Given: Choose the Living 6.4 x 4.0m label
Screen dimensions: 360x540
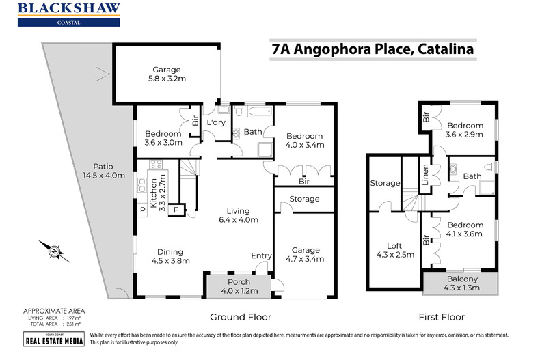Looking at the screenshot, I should click(239, 215).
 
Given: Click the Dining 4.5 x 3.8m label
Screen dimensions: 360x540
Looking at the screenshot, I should click(170, 255).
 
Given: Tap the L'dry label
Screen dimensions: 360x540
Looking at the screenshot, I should click(216, 122).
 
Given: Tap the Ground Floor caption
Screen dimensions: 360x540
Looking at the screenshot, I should click(240, 317).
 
